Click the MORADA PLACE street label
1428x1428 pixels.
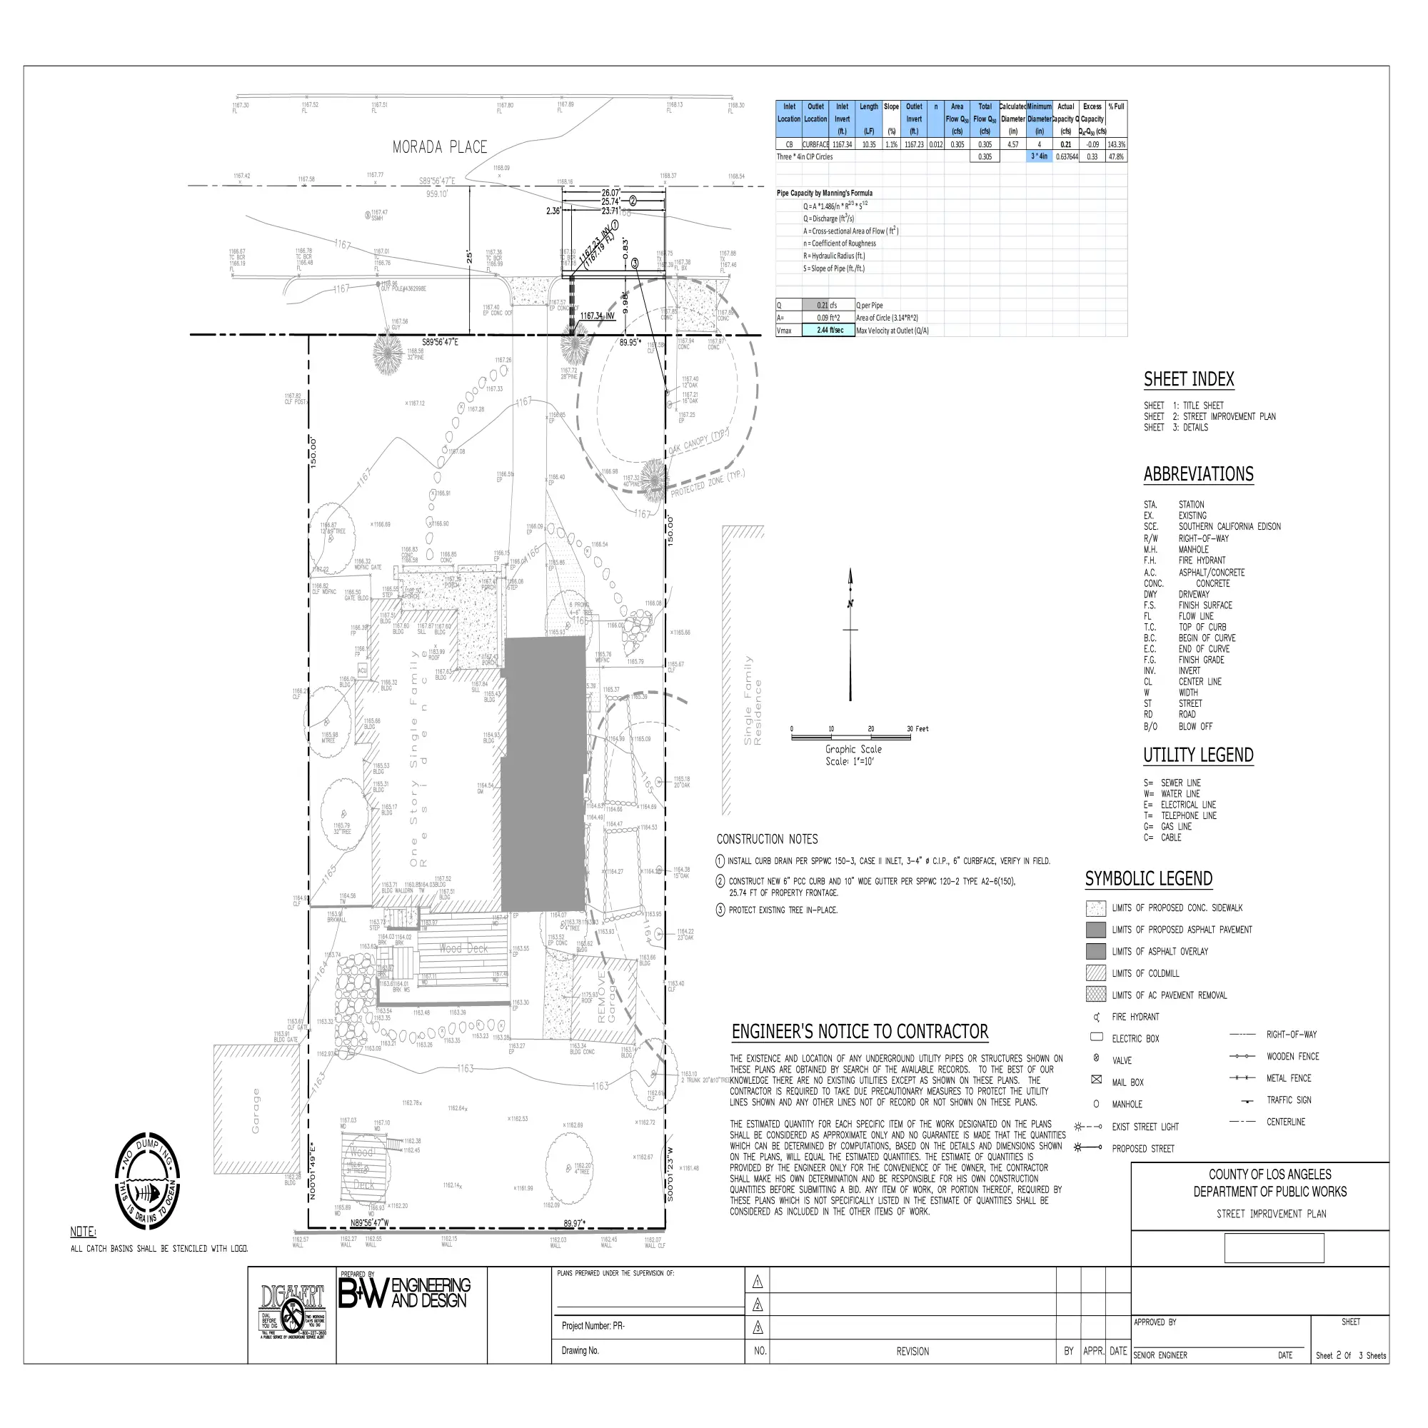click(x=440, y=147)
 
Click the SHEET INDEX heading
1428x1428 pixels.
click(x=1189, y=380)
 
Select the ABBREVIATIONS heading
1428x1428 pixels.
click(x=1198, y=475)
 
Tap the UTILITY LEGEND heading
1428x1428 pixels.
click(x=1198, y=755)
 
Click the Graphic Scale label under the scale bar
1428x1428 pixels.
click(x=853, y=750)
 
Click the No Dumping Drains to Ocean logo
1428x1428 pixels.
click(x=147, y=1180)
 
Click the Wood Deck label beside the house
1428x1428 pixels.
click(x=463, y=948)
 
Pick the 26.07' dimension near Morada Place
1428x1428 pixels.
click(x=610, y=193)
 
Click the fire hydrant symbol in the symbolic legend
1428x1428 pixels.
click(x=1096, y=1017)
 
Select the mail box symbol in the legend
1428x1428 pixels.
click(x=1096, y=1080)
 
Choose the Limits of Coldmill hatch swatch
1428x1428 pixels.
click(x=1096, y=973)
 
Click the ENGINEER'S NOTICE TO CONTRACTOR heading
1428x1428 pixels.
click(x=860, y=1032)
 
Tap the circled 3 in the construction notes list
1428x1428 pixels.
click(x=720, y=910)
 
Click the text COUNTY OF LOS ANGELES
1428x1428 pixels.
click(x=1269, y=1175)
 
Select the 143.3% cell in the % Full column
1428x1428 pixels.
click(x=1116, y=145)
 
